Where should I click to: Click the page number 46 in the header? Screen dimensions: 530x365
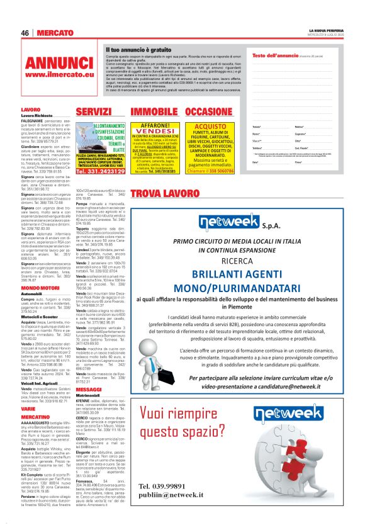point(25,33)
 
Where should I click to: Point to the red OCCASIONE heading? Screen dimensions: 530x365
point(200,112)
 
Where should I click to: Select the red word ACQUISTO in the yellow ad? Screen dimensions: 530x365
point(201,126)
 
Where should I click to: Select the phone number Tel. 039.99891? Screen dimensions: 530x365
point(162,485)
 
